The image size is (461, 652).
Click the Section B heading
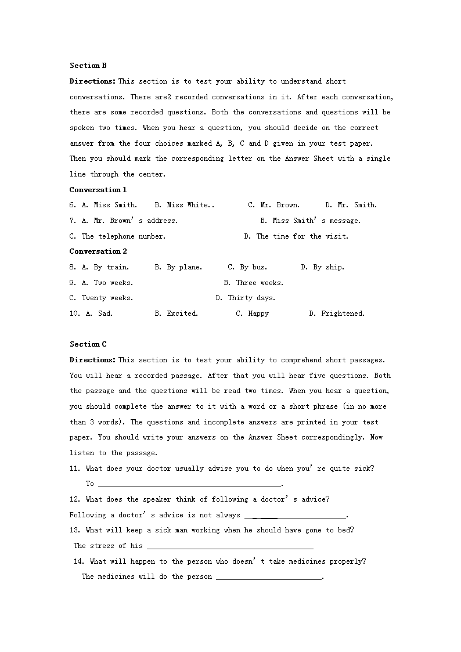pos(88,66)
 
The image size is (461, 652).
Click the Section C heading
pos(88,344)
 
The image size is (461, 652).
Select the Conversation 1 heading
pos(98,190)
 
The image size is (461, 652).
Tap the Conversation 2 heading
pos(98,251)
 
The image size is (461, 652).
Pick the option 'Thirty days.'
pos(246,298)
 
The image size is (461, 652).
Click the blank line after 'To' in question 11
pos(189,484)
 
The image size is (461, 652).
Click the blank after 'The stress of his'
pos(230,546)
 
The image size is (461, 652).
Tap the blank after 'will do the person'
pos(269,577)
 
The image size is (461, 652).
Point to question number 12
pos(74,499)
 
